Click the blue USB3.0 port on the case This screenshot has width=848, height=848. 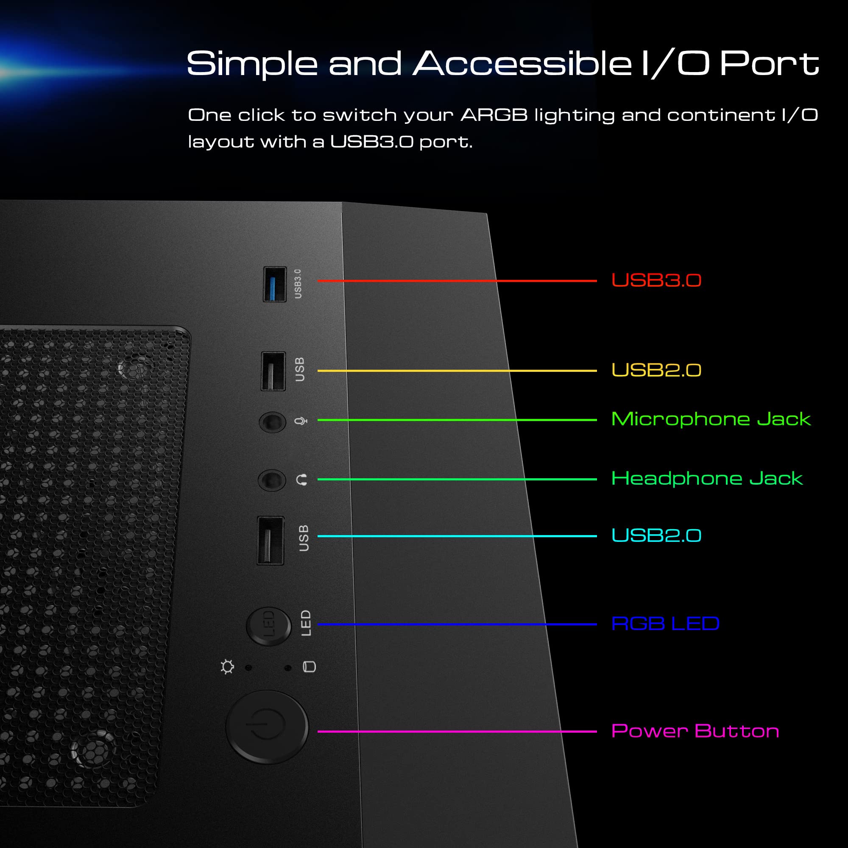click(275, 284)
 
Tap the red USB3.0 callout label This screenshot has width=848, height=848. click(656, 280)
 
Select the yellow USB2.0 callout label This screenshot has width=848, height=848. click(656, 370)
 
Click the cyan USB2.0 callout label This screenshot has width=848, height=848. click(656, 535)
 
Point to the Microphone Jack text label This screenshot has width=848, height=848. click(711, 419)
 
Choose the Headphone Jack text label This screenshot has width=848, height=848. click(707, 478)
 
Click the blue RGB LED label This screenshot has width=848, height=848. click(665, 623)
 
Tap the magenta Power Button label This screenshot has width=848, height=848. click(695, 731)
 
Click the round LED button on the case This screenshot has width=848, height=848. click(269, 626)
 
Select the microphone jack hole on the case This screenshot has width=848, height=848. click(273, 422)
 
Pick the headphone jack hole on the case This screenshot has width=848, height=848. click(272, 480)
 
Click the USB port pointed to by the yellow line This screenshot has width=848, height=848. click(273, 371)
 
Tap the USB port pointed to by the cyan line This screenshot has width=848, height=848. click(271, 540)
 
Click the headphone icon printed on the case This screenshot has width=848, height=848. click(301, 480)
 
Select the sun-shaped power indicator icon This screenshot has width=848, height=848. click(227, 667)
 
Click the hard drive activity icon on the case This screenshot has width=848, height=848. click(310, 667)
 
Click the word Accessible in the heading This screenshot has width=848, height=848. click(522, 64)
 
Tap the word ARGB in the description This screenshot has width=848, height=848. click(494, 115)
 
